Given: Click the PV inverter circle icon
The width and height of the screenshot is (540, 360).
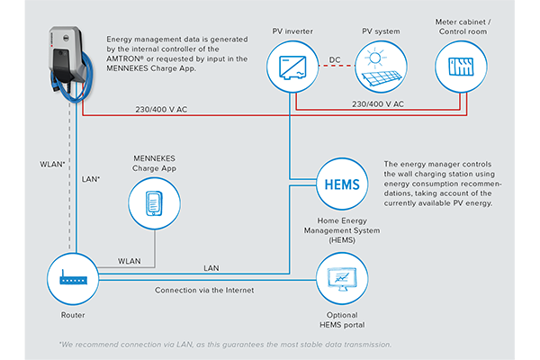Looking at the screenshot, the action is [292, 67].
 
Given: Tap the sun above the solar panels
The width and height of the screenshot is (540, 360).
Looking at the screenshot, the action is [375, 58].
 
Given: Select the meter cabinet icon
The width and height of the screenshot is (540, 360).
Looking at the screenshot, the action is [461, 67].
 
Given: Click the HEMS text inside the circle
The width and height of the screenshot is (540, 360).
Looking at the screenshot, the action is [342, 184].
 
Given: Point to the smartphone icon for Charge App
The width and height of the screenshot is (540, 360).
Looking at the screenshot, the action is [154, 203].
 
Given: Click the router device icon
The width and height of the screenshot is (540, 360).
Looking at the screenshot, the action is [73, 278].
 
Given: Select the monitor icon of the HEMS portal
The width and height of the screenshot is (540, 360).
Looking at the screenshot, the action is [342, 279].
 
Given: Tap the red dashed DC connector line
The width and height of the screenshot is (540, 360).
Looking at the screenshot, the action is [337, 66].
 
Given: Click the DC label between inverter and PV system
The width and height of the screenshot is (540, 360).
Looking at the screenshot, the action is [335, 59].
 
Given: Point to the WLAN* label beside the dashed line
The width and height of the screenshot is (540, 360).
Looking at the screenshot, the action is [52, 165].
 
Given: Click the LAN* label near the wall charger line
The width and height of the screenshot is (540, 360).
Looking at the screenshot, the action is [91, 179].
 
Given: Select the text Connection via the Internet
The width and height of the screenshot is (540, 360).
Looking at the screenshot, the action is [204, 290].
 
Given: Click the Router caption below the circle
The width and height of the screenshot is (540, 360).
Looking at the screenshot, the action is [73, 315].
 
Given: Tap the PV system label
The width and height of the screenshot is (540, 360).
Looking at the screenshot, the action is [381, 31].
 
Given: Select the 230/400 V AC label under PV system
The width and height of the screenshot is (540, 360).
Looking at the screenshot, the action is [378, 103].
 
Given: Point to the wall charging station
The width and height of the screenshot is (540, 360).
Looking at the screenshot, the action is [70, 64].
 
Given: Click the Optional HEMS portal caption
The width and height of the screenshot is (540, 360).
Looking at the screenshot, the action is [342, 319].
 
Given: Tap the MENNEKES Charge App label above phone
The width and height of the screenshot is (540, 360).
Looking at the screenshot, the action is [154, 163].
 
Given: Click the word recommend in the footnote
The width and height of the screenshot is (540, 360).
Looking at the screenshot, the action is [97, 345].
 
